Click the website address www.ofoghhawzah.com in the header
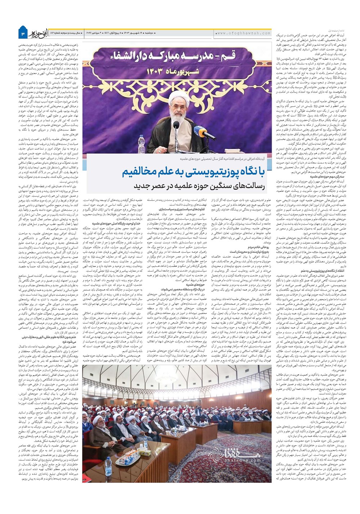pos(244,33)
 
